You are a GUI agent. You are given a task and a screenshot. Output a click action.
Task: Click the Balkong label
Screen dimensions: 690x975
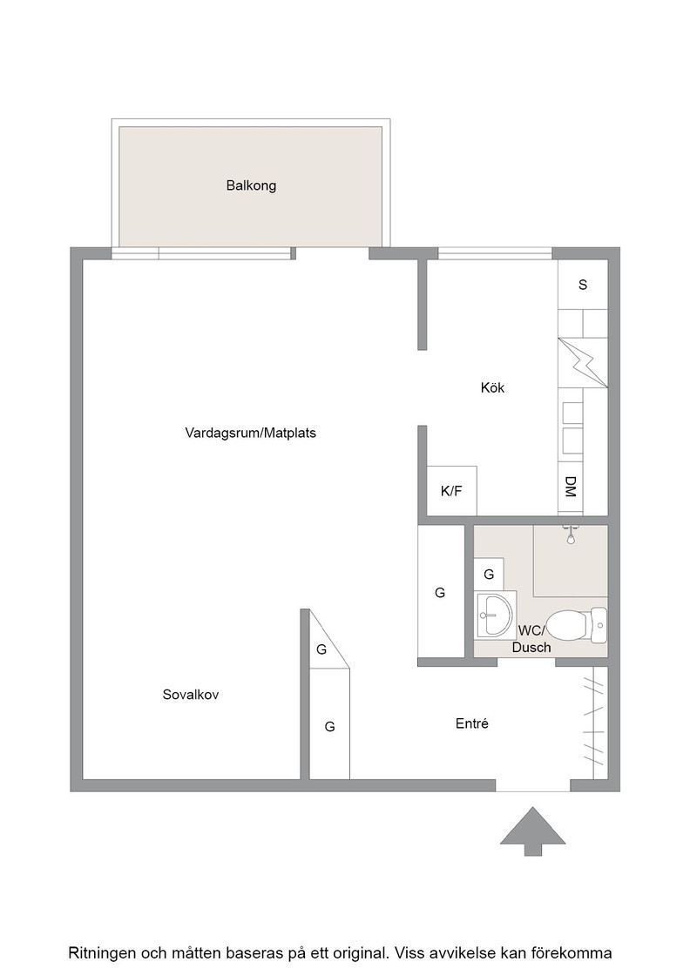(251, 185)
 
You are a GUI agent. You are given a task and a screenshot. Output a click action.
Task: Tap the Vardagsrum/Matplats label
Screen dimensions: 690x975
(250, 433)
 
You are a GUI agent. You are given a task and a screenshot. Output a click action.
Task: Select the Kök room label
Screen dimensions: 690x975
(492, 387)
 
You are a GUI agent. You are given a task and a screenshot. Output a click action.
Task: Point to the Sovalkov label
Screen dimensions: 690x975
(191, 695)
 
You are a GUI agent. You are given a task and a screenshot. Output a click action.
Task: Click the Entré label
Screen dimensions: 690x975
(471, 723)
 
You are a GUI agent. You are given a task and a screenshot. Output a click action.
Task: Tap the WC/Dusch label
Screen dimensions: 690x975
(531, 639)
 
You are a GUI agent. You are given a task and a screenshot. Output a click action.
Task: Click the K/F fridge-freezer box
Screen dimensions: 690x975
(451, 491)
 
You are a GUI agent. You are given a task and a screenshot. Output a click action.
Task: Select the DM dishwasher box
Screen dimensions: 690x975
(571, 487)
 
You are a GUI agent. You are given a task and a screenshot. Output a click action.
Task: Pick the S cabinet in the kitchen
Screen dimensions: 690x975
(583, 285)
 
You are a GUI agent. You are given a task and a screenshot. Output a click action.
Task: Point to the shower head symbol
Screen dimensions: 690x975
(570, 535)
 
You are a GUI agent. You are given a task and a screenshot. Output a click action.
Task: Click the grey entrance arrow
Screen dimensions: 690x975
(533, 830)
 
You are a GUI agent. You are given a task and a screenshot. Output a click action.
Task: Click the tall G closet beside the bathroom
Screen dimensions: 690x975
(441, 591)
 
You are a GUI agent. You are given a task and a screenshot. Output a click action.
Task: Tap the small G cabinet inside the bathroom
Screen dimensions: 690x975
(489, 575)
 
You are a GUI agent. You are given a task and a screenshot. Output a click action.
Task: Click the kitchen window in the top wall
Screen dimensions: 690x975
(495, 253)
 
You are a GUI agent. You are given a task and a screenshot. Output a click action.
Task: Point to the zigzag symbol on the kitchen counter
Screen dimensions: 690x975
(583, 362)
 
